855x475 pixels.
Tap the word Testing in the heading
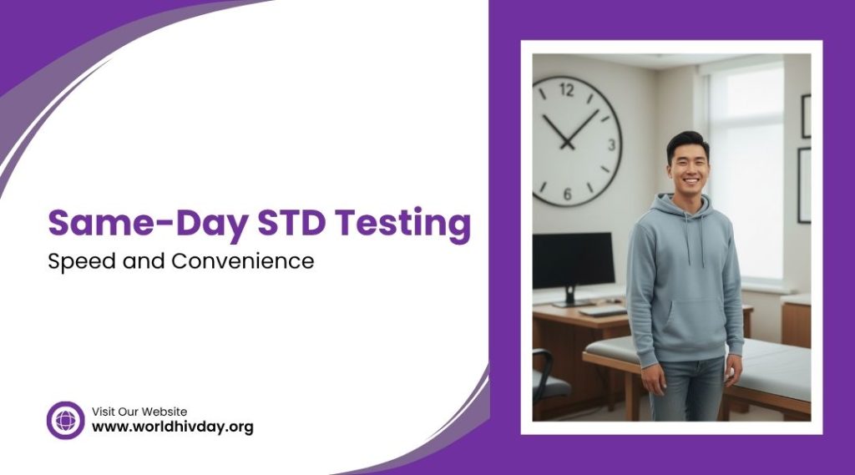click(402, 224)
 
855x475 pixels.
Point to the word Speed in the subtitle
click(82, 261)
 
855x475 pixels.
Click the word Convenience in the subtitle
click(243, 260)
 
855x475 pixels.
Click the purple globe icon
click(65, 420)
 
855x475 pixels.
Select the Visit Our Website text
click(139, 412)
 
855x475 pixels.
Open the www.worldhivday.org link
click(172, 427)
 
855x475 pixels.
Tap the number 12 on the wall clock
click(567, 89)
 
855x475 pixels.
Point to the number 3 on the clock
click(612, 144)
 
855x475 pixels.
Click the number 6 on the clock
click(567, 195)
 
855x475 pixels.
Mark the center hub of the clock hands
click(567, 144)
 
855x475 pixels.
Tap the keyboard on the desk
click(603, 311)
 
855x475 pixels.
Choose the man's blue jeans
click(687, 388)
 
